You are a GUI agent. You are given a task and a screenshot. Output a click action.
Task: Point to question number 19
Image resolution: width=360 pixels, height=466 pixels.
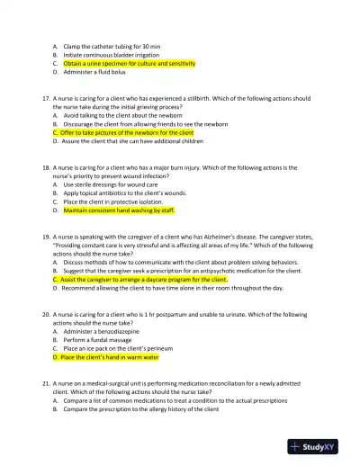point(47,237)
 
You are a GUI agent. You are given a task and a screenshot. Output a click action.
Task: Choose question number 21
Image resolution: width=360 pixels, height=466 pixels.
point(47,383)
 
